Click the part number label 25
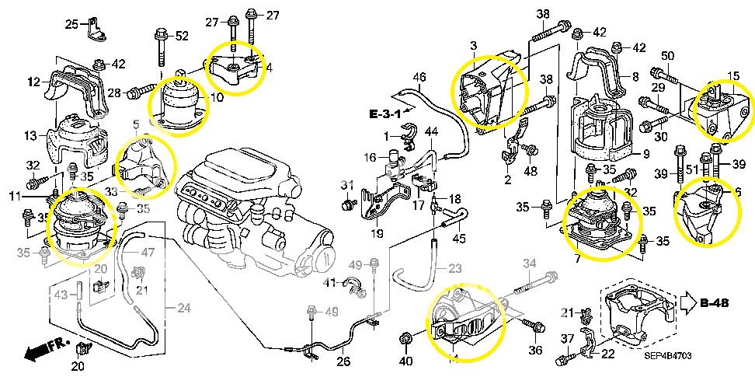click(71, 25)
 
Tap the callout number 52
click(182, 36)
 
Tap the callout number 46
click(419, 77)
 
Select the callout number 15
click(733, 75)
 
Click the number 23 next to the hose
click(454, 268)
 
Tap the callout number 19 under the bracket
click(377, 232)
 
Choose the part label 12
click(33, 81)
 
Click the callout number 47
click(148, 252)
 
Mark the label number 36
click(535, 350)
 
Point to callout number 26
click(343, 361)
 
